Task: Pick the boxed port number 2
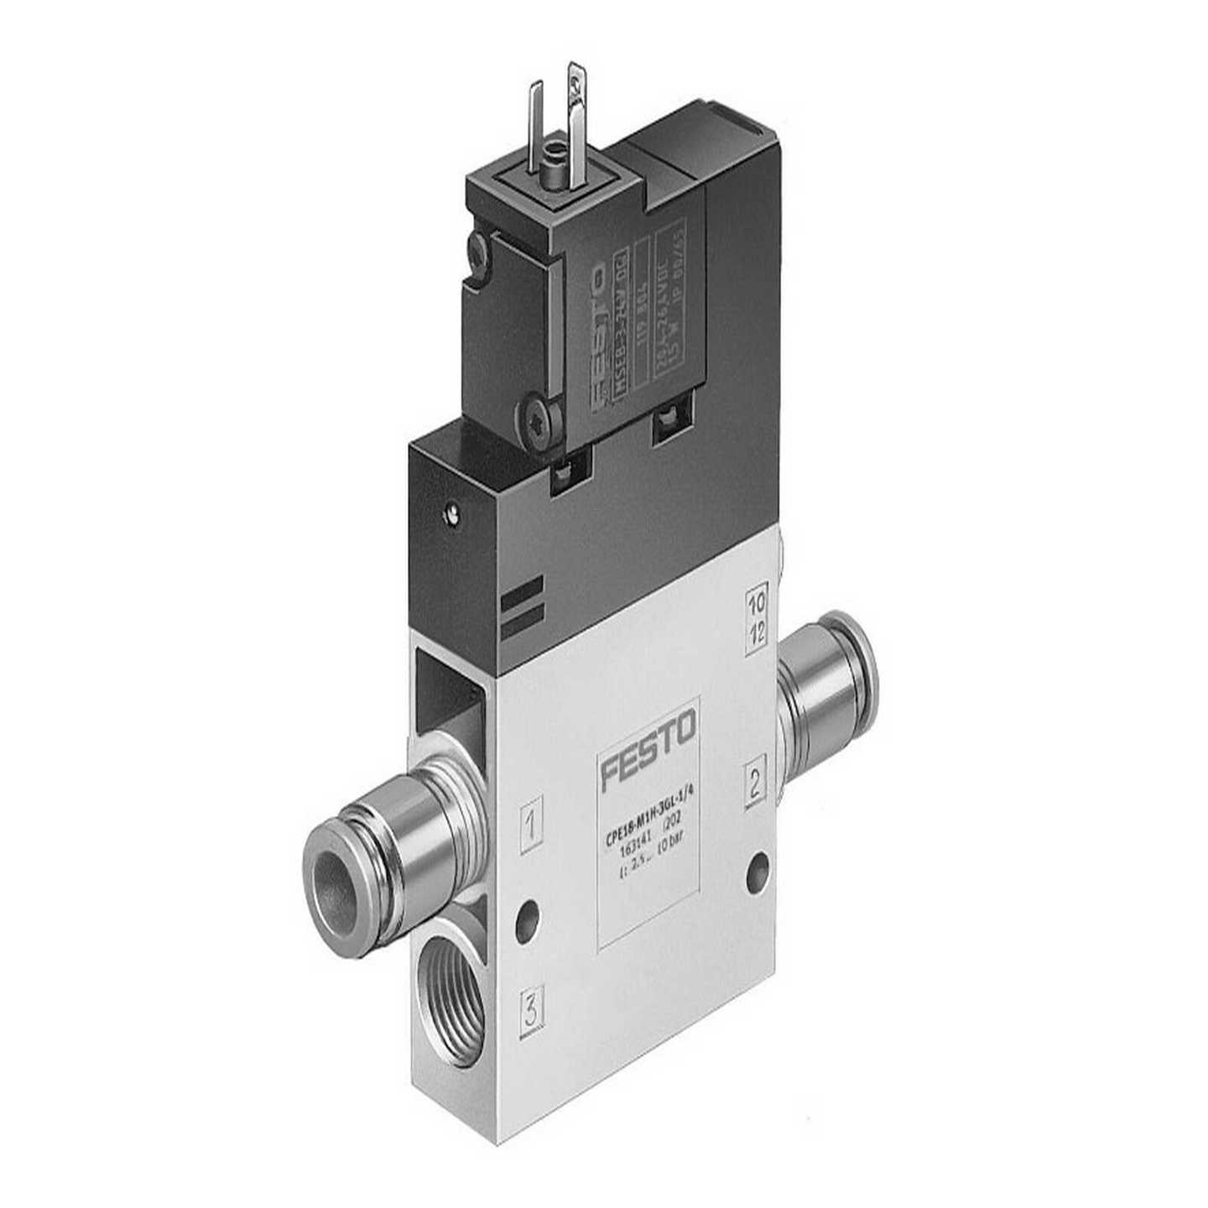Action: tap(755, 784)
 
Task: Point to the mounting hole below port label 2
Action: tap(758, 864)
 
